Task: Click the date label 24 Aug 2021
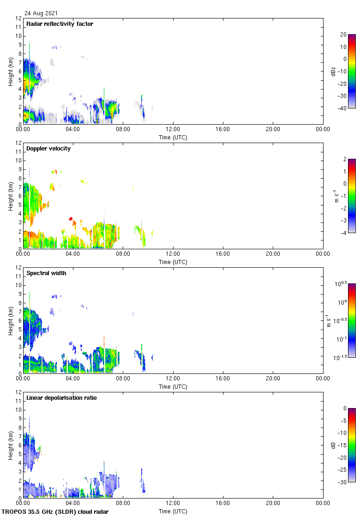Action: pos(42,13)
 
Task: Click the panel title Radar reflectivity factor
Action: pos(60,24)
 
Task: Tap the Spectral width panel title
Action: pos(46,273)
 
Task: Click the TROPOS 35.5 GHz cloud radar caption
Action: pos(55,511)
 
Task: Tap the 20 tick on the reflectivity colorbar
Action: pos(342,35)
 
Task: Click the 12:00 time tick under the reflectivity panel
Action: pos(173,130)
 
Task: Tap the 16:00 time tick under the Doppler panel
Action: pos(223,254)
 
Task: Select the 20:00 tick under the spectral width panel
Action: pos(273,379)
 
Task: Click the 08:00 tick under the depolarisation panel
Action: pos(123,504)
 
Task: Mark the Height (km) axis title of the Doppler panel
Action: pos(10,196)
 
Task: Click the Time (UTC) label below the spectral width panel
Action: pos(173,387)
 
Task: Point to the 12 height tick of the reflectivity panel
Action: pos(18,18)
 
